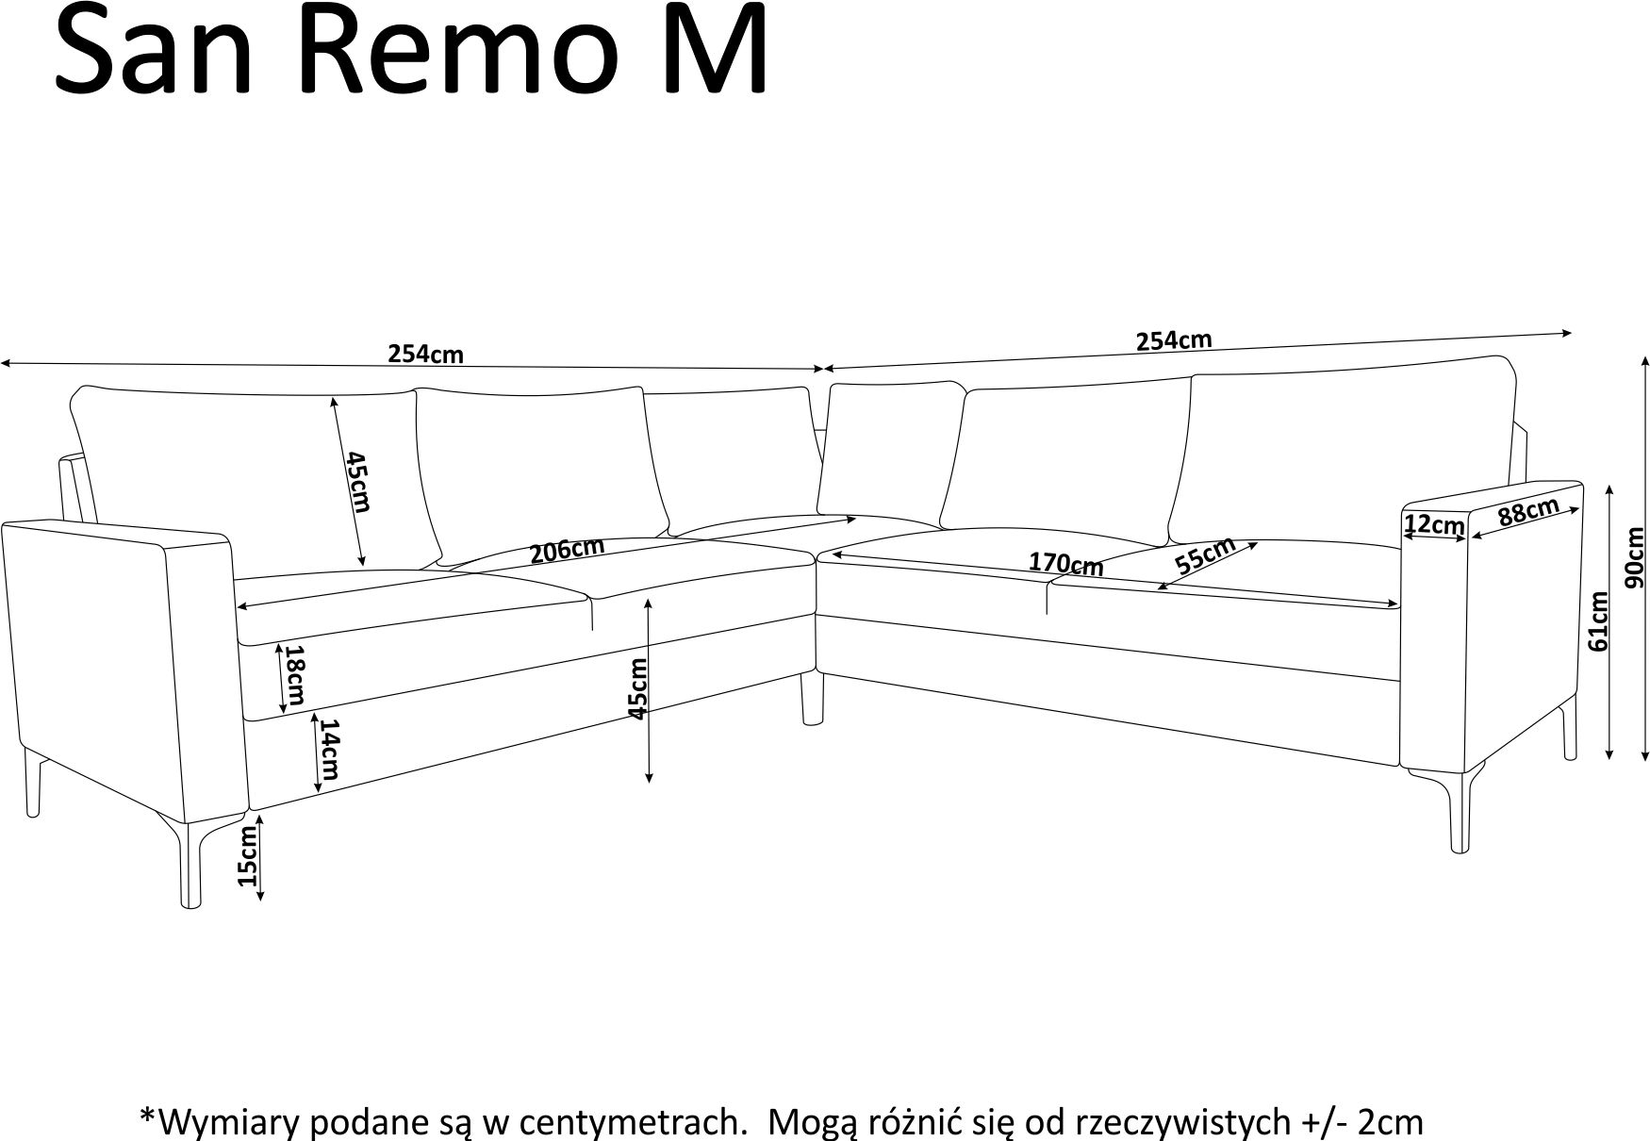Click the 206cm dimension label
(566, 550)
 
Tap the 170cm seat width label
(1065, 564)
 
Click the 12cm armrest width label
(1433, 524)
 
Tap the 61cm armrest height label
(1597, 620)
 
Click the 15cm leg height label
(247, 856)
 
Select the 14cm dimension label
(327, 750)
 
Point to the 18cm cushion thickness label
(294, 675)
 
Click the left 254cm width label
(426, 355)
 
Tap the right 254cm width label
(1174, 340)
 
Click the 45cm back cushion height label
(357, 482)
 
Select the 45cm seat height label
(638, 689)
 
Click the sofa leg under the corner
(809, 698)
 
